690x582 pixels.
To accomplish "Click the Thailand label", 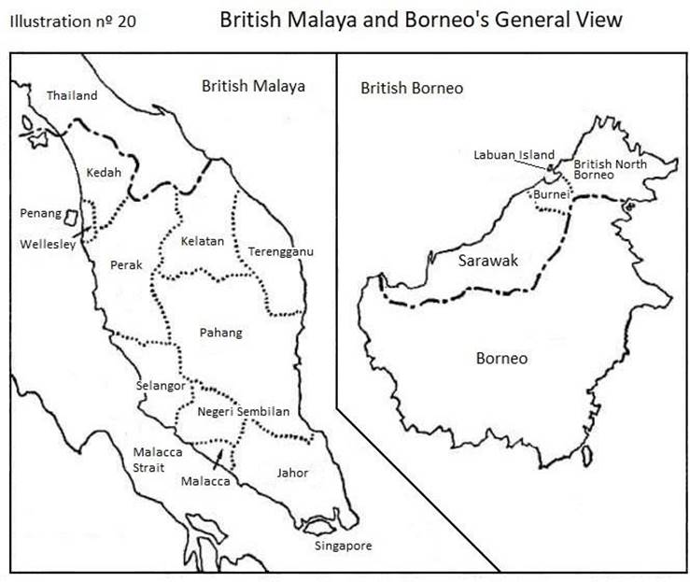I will pos(72,95).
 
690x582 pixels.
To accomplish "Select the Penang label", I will pos(40,213).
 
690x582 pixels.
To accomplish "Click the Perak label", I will pos(126,264).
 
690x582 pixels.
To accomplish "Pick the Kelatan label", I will pos(203,241).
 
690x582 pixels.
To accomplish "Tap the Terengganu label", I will pos(281,251).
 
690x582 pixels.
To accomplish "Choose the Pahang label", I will pos(220,332).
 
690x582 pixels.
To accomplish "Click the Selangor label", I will pos(160,385).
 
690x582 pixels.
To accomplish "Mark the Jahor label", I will pos(292,472).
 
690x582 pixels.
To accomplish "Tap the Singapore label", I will pos(343,546).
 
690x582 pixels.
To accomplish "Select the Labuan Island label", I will pos(514,155).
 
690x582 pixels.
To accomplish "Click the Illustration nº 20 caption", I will pos(75,21).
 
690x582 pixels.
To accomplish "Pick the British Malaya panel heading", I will pos(253,86).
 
